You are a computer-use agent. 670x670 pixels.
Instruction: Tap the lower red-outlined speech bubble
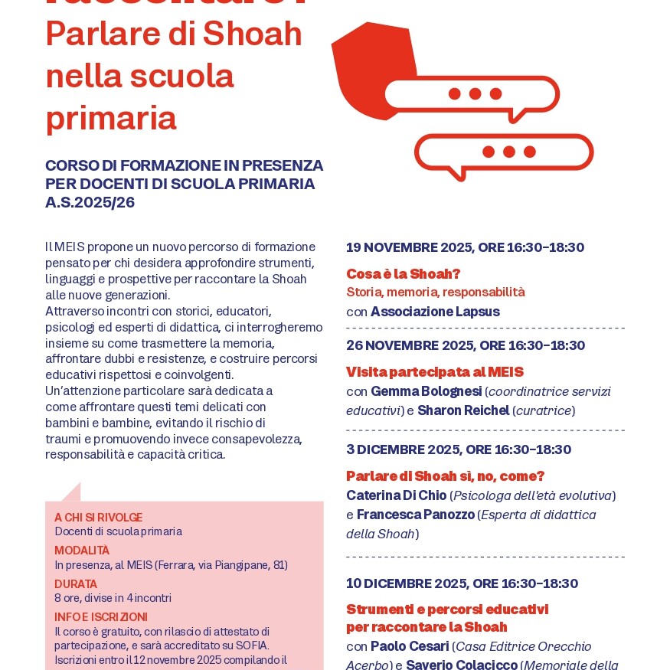(x=504, y=152)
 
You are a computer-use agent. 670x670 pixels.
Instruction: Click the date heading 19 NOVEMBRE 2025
(x=465, y=247)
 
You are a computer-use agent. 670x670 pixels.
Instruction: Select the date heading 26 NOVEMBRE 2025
(x=465, y=345)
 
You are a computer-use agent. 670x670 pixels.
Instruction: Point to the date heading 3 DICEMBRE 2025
(x=459, y=449)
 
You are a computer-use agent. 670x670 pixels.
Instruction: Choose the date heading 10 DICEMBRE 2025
(x=462, y=583)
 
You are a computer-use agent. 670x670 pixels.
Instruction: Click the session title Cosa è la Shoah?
(x=403, y=273)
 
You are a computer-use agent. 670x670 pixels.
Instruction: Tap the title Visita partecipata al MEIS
(x=434, y=372)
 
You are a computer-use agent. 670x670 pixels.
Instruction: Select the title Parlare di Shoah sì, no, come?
(x=445, y=476)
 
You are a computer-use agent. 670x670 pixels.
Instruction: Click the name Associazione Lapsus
(x=435, y=312)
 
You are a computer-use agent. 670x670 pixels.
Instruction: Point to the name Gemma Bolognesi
(x=426, y=391)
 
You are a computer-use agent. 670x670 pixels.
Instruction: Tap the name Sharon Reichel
(x=463, y=410)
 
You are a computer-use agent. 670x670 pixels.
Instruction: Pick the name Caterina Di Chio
(x=396, y=495)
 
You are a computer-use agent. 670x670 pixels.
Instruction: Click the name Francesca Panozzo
(x=415, y=515)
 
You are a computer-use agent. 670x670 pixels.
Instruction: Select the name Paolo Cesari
(x=410, y=646)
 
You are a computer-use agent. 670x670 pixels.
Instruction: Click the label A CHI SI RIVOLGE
(x=98, y=518)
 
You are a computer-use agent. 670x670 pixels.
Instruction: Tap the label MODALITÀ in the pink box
(x=82, y=551)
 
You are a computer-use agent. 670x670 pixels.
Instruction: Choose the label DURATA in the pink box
(x=76, y=584)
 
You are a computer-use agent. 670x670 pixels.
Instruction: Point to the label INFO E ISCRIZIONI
(x=101, y=617)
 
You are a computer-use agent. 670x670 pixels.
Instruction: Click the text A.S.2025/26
(x=90, y=202)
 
